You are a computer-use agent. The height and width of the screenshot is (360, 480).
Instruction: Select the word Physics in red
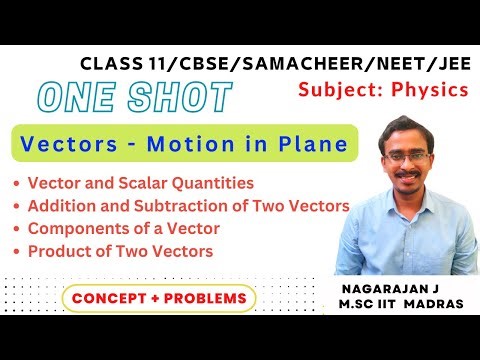point(431,89)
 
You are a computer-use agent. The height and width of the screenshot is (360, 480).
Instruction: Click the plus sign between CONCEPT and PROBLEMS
point(155,298)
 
